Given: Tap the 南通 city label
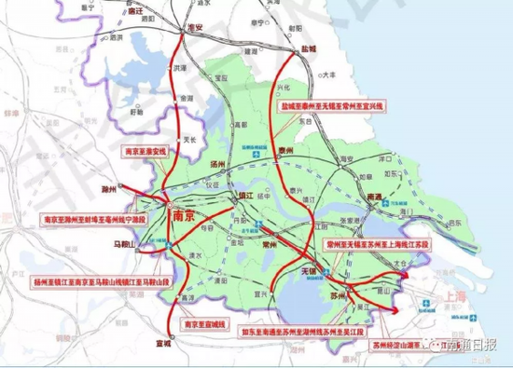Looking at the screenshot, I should [375, 198].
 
